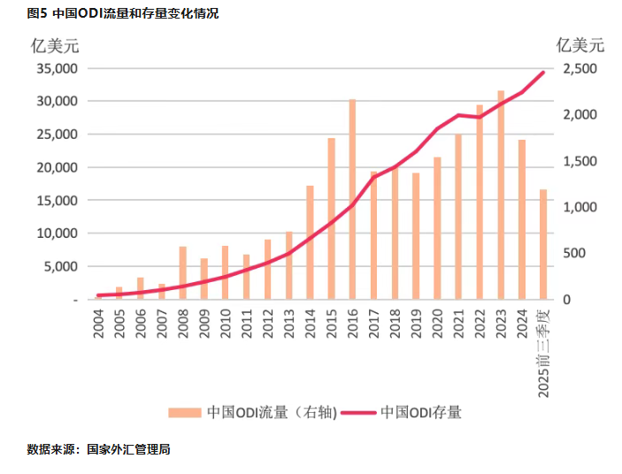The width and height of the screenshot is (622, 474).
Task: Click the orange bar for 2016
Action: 352,199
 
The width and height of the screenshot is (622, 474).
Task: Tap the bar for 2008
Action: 183,272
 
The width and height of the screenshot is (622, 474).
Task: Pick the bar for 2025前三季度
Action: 543,244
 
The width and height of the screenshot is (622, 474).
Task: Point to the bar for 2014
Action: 310,242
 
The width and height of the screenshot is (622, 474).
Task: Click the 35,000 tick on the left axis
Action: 56,68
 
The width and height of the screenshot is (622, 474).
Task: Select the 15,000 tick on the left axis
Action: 56,200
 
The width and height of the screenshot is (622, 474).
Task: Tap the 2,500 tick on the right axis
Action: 580,68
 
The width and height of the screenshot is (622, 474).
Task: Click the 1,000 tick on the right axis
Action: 580,207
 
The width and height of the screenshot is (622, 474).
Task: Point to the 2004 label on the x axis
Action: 98,325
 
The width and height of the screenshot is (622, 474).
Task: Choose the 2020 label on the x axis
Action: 437,325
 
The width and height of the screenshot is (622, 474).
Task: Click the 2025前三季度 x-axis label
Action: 544,350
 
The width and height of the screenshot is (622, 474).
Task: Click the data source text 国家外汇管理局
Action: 128,449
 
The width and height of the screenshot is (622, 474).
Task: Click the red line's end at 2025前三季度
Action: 543,72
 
